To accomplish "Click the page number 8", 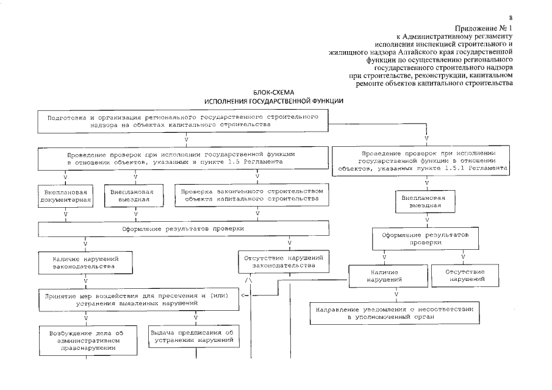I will point(511,18).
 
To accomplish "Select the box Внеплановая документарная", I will point(65,195).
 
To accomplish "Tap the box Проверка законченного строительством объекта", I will point(257,195).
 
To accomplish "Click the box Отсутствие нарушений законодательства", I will point(283,262).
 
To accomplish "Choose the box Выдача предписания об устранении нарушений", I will point(192,336).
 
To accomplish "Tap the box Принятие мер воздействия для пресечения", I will point(138,299).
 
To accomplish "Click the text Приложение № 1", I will point(484,28).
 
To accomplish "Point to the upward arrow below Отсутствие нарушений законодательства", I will point(248,280).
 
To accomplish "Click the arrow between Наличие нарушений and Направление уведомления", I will point(397,294).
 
